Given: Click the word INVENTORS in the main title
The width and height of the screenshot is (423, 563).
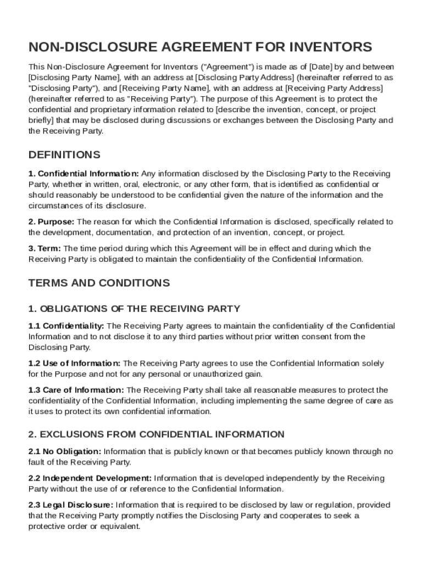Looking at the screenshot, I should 321,46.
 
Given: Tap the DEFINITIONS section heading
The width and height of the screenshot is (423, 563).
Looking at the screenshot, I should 64,154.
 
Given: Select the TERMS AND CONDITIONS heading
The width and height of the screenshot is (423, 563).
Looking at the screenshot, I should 99,283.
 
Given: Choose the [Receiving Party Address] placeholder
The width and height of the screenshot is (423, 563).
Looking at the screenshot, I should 335,88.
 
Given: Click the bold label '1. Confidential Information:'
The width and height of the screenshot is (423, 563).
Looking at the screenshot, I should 84,174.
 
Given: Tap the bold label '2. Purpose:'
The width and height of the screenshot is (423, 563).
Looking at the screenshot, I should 52,222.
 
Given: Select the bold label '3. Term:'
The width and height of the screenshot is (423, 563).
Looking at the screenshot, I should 45,249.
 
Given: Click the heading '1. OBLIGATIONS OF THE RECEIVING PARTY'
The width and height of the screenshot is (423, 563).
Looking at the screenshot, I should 134,308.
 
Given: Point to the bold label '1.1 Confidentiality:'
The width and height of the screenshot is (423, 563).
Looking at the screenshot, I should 66,326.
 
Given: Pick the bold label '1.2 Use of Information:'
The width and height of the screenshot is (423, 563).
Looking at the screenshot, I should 75,363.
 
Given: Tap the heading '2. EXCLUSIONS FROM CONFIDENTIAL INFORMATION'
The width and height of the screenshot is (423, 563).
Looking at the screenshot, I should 157,434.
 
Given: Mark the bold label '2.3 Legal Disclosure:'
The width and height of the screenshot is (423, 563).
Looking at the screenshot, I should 71,505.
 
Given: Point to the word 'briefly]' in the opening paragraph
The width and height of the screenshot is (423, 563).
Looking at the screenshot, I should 42,120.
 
